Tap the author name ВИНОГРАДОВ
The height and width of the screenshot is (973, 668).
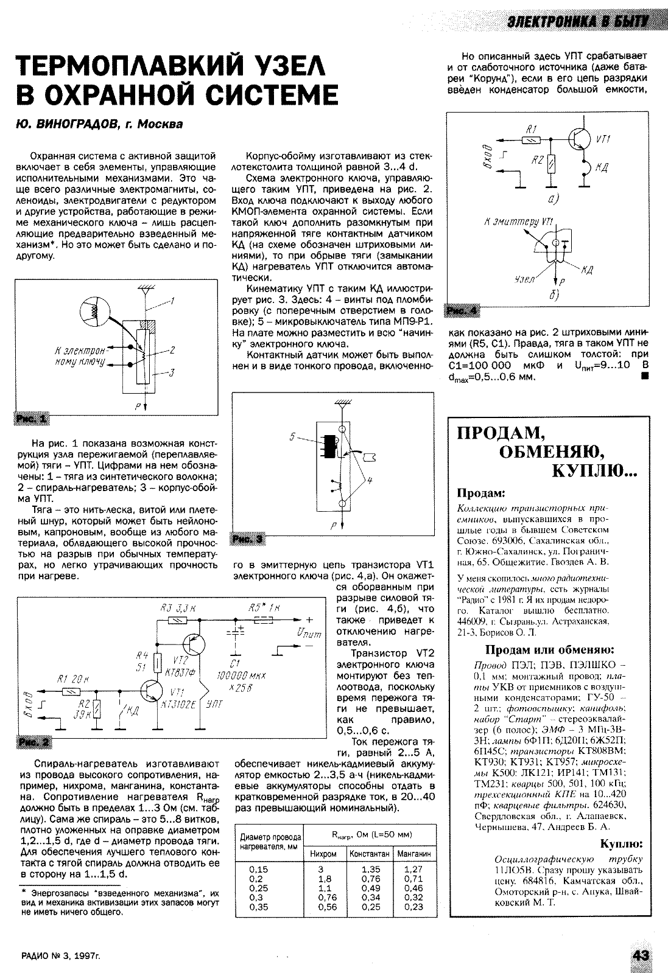76,124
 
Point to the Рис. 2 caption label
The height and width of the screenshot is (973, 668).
35,742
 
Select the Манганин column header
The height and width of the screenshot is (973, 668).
413,854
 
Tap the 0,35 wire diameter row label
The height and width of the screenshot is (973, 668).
259,906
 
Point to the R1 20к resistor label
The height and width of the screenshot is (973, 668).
70,678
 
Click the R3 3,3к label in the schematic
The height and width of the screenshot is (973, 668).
177,607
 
